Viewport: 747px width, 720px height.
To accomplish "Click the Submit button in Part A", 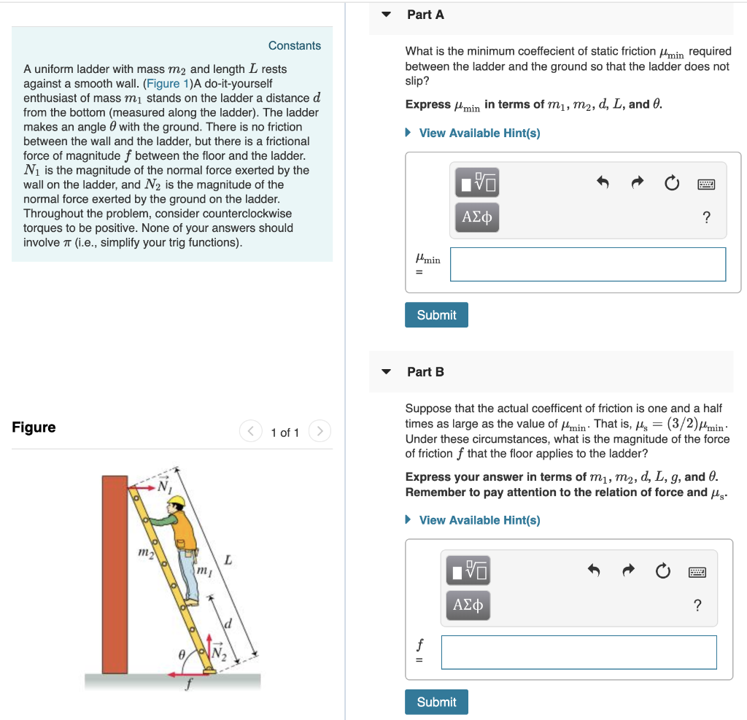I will [436, 315].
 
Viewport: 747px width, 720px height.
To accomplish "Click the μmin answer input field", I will [587, 264].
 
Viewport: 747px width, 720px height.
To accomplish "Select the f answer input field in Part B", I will [578, 652].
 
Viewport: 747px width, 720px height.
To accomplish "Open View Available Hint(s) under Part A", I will [479, 133].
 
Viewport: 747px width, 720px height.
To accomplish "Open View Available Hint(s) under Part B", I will [479, 520].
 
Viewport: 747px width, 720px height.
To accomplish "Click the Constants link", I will [294, 45].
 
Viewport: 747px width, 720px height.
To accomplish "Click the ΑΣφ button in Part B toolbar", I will [468, 605].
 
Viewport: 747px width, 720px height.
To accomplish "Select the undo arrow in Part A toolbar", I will [603, 182].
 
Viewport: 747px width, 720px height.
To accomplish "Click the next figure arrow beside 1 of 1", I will [320, 432].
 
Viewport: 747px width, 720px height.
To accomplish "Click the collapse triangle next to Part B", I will [387, 372].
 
